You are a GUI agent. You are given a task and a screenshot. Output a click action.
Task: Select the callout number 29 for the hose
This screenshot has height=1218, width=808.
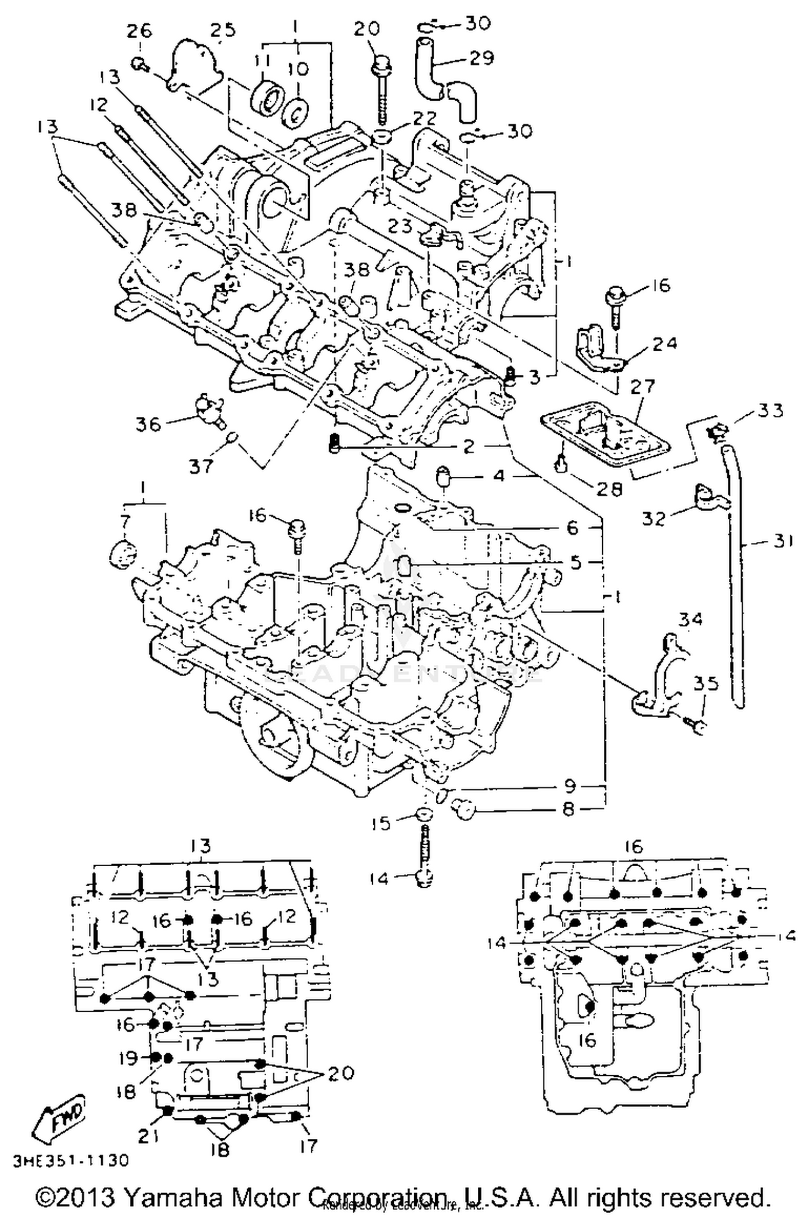[x=481, y=58]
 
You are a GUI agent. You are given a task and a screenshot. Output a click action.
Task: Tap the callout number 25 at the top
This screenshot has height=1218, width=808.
[x=222, y=31]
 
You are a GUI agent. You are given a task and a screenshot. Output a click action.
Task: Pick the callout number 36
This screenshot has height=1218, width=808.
[x=149, y=424]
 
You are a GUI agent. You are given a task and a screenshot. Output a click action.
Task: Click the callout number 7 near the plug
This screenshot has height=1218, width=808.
[x=125, y=521]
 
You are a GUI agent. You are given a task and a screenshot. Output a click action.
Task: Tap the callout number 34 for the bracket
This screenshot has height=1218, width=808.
[x=690, y=620]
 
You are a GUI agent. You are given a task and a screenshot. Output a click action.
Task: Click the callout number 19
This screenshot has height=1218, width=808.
[x=129, y=1058]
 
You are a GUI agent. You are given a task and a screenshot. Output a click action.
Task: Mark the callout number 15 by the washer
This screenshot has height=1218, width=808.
[x=382, y=824]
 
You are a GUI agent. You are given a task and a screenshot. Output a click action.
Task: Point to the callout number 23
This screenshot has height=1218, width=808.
[x=401, y=225]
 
